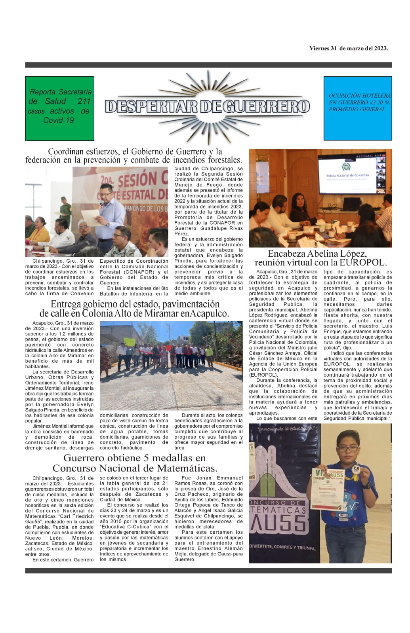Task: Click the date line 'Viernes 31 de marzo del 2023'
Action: [349, 49]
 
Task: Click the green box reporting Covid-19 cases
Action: [59, 108]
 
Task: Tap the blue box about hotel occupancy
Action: [358, 108]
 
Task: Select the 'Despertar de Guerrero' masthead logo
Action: [207, 106]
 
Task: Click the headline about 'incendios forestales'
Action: [133, 156]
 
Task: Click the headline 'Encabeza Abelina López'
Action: [317, 254]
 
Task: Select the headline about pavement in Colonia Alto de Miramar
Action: [135, 309]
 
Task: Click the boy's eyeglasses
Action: [349, 449]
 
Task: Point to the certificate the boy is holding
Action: [328, 489]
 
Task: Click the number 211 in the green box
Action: [84, 102]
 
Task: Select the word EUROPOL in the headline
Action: [364, 263]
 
